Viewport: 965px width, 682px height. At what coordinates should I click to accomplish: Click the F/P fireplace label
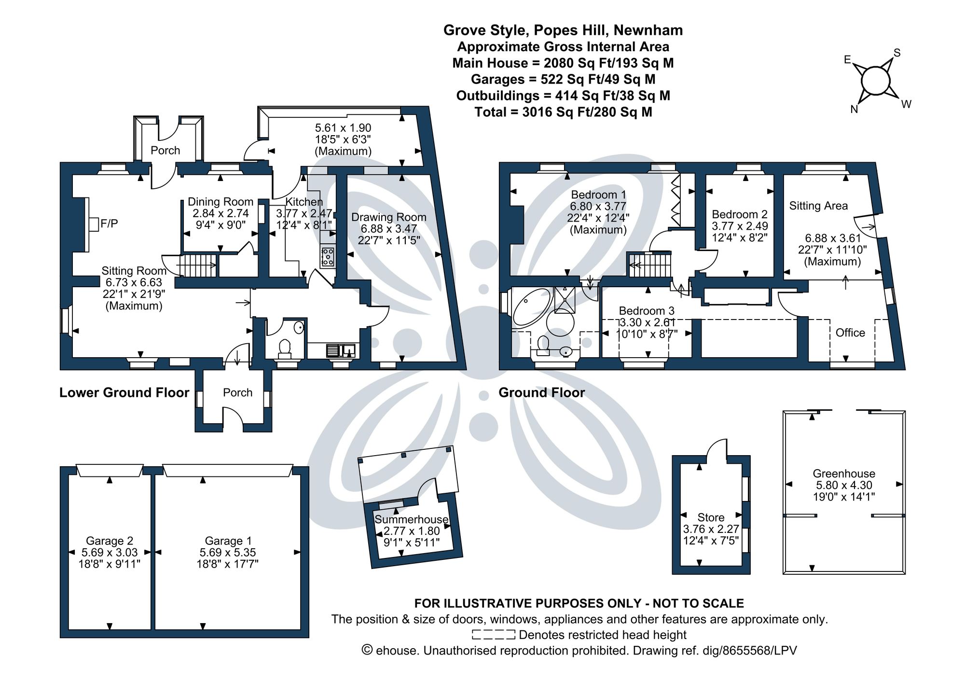(109, 223)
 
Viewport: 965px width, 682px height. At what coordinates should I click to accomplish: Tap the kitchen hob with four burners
(327, 256)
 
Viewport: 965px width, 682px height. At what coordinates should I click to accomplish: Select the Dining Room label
(221, 202)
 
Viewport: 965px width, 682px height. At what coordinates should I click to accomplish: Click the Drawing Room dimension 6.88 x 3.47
(388, 229)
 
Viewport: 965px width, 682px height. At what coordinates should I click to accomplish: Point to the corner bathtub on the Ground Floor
(531, 306)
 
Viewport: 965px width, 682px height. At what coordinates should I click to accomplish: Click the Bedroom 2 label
(739, 214)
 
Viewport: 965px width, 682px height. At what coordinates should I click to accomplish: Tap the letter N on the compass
(854, 110)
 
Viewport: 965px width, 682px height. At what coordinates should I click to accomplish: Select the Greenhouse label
(843, 473)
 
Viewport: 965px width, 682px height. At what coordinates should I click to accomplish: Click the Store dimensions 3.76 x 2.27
(711, 529)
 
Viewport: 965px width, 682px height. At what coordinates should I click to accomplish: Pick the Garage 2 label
(110, 541)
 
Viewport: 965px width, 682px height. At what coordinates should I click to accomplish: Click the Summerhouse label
(412, 519)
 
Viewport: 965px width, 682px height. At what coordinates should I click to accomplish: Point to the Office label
(850, 333)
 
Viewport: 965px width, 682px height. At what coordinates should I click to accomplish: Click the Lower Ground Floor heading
(124, 392)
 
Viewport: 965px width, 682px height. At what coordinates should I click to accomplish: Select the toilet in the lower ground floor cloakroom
(284, 348)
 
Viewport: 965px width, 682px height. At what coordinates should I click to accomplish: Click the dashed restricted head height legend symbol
(493, 635)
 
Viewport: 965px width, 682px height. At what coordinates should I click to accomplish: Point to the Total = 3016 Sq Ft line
(563, 112)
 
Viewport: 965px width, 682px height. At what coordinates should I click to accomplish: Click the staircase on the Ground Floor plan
(649, 264)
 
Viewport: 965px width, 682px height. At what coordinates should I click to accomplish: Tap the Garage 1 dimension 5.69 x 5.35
(228, 553)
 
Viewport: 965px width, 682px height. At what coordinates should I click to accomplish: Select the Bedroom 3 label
(647, 311)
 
